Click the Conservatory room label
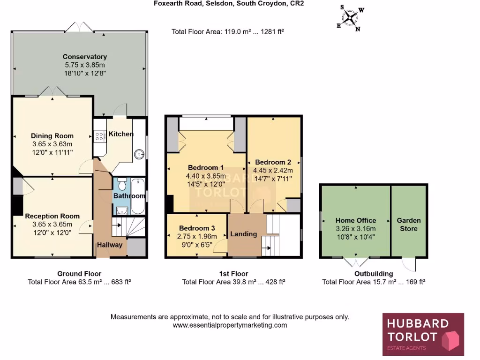(x=85, y=57)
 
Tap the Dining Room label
(x=52, y=136)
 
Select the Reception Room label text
(x=52, y=216)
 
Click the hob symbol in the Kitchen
(x=99, y=136)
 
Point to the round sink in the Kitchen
(x=139, y=153)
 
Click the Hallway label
(x=109, y=245)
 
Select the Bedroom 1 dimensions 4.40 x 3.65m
(x=206, y=176)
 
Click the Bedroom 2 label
(x=273, y=162)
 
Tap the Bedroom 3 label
(x=197, y=228)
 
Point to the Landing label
(x=244, y=234)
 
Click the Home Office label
(x=355, y=220)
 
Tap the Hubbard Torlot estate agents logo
(x=423, y=335)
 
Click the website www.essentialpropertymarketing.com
(x=230, y=325)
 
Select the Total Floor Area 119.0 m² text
(x=228, y=32)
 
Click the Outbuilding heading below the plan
(x=373, y=274)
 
